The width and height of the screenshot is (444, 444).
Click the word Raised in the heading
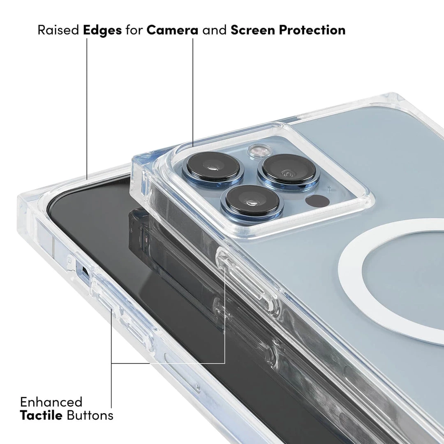point(58,30)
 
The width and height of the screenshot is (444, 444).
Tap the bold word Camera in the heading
point(173,30)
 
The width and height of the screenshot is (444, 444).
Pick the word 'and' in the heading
point(215,30)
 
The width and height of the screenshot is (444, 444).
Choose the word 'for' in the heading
point(134,30)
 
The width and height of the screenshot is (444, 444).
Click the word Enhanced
point(51,402)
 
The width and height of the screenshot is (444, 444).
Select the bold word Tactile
point(41,415)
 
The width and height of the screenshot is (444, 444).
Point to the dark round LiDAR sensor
point(317,201)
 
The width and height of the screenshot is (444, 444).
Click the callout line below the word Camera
point(193,90)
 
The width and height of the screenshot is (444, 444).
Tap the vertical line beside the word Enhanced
point(112,386)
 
